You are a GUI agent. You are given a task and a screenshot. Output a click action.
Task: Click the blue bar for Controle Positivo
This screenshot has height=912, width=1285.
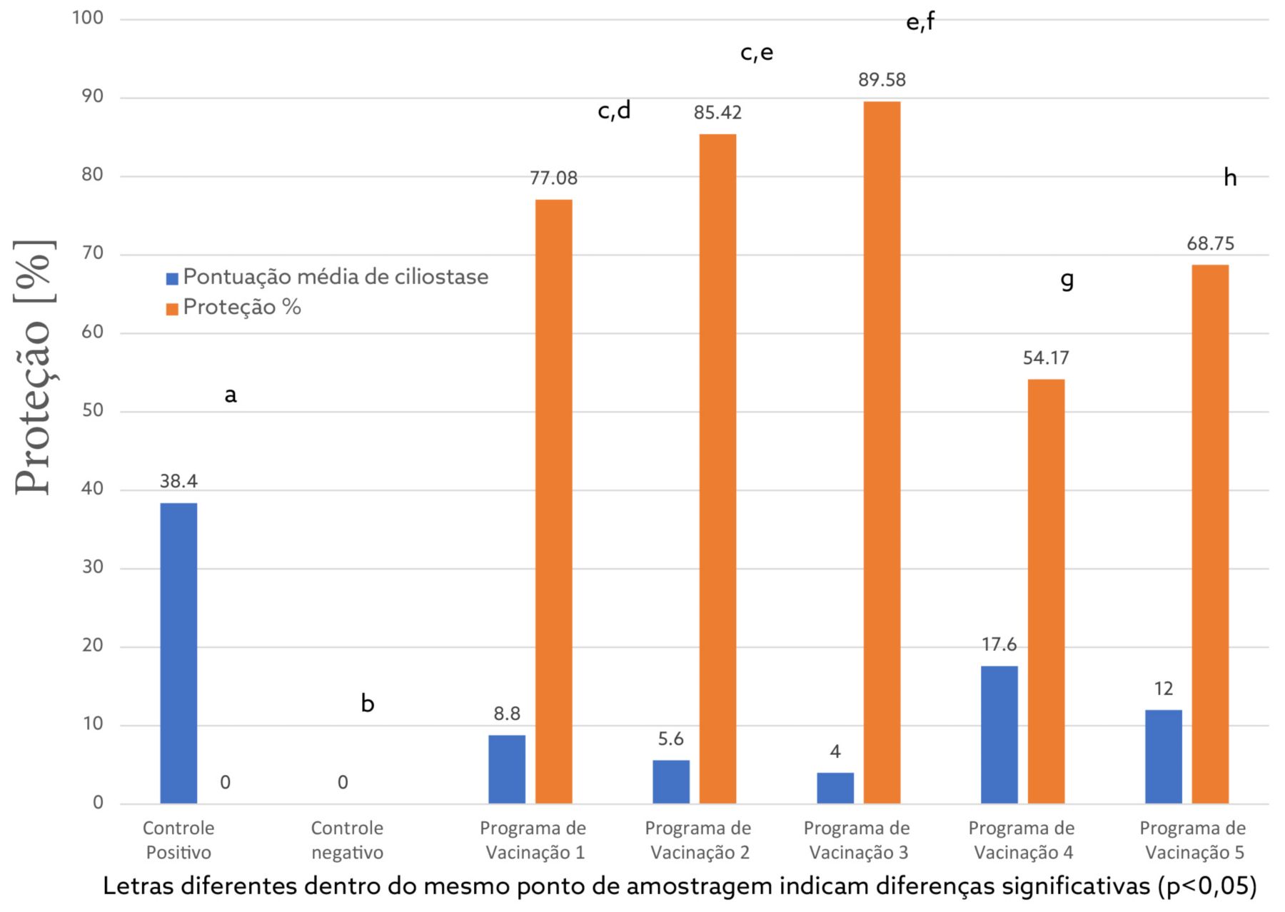[178, 653]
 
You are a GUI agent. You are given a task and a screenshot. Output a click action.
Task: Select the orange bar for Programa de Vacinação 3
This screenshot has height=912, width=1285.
[882, 452]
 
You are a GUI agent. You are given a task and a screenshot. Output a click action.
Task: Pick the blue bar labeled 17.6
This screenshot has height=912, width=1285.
[999, 734]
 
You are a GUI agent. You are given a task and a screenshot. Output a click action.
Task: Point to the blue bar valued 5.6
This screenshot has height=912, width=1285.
[671, 781]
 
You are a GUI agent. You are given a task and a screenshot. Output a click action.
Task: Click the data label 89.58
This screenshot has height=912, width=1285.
[882, 80]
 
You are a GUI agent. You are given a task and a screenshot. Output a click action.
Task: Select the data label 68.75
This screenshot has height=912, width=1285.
[1210, 244]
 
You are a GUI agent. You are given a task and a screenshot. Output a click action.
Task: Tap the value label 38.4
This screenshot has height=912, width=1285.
[178, 482]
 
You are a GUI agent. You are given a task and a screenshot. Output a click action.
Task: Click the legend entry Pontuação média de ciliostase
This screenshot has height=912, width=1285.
[336, 277]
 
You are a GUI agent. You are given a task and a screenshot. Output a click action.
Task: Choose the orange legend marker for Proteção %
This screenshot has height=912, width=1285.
[172, 308]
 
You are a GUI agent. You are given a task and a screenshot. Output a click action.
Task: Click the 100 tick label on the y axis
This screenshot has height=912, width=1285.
[88, 18]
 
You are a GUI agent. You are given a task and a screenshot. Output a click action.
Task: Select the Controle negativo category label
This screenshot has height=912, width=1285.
[347, 840]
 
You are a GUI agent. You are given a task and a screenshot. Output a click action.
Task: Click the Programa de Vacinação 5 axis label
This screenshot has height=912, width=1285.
[1192, 840]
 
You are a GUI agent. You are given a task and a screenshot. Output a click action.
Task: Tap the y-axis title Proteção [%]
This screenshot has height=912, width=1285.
[34, 368]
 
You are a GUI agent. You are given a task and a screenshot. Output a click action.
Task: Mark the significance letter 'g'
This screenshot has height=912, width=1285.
[1067, 279]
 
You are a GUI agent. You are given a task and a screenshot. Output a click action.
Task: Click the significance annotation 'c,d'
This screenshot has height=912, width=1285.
[614, 111]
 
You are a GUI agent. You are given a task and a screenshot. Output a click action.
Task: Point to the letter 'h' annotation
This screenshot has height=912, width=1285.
[1229, 178]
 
